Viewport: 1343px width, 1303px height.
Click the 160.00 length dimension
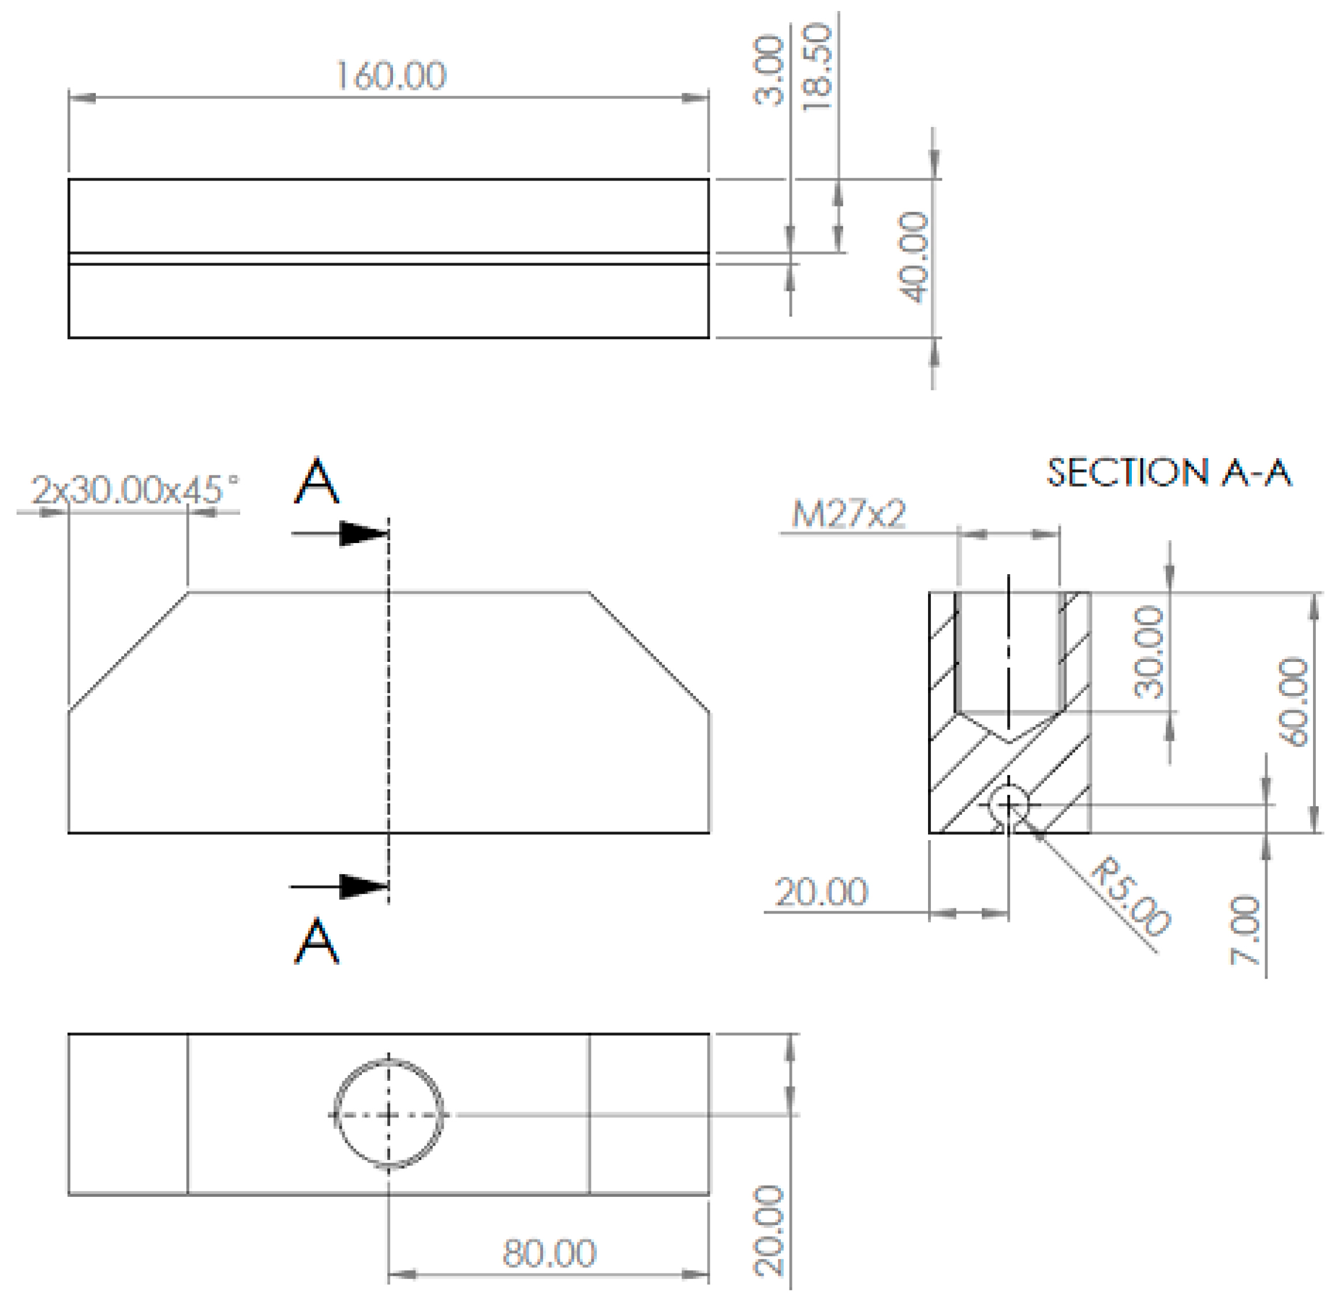pyautogui.click(x=391, y=76)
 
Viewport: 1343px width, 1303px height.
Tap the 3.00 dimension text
pyautogui.click(x=769, y=70)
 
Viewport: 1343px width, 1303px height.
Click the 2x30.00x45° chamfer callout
pyautogui.click(x=136, y=491)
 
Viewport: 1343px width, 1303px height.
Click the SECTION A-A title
pyautogui.click(x=1169, y=473)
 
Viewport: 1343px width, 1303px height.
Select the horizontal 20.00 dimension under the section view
pyautogui.click(x=821, y=893)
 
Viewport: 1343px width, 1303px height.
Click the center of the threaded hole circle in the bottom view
pyautogui.click(x=388, y=1115)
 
